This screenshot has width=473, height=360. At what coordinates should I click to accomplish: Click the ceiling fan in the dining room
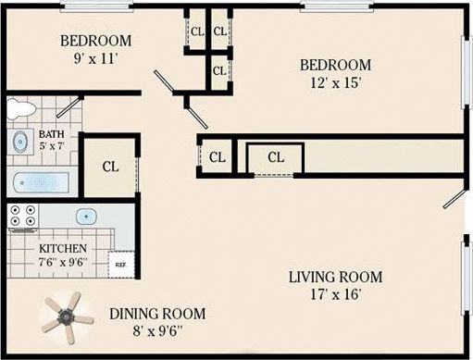click(68, 317)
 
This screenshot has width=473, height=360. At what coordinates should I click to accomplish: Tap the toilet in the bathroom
click(20, 109)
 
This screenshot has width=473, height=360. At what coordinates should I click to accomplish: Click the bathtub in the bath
click(40, 180)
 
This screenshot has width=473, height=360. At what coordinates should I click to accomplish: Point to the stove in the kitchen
click(22, 217)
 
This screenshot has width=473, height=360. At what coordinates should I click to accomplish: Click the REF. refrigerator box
click(120, 265)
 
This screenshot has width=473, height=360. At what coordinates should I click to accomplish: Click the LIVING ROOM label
click(335, 277)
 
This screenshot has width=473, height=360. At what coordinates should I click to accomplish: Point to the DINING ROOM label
click(157, 314)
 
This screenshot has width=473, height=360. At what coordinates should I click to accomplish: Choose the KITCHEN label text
click(63, 249)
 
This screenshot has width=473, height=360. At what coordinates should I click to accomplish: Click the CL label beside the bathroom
click(110, 168)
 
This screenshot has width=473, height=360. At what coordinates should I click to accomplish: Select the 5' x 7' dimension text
click(52, 146)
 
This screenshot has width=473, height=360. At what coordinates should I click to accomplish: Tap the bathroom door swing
click(68, 105)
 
